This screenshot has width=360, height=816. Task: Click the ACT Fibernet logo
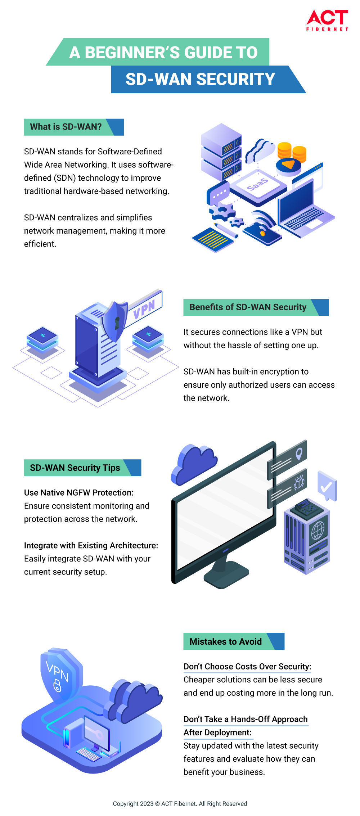click(327, 20)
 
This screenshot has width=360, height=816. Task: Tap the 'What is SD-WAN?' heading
click(66, 127)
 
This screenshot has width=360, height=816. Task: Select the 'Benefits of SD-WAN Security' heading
click(248, 307)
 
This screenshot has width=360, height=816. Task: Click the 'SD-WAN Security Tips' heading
click(75, 468)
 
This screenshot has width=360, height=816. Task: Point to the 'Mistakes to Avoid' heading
click(226, 641)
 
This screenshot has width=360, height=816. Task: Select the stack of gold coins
click(292, 152)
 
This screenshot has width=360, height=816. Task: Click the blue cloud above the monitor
click(194, 465)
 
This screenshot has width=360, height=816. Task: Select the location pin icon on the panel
click(299, 454)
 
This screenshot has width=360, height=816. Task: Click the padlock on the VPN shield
click(57, 685)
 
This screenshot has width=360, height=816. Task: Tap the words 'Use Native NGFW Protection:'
click(79, 492)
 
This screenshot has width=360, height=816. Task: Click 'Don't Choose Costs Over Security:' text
click(247, 666)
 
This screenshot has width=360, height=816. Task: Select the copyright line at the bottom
click(180, 803)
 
